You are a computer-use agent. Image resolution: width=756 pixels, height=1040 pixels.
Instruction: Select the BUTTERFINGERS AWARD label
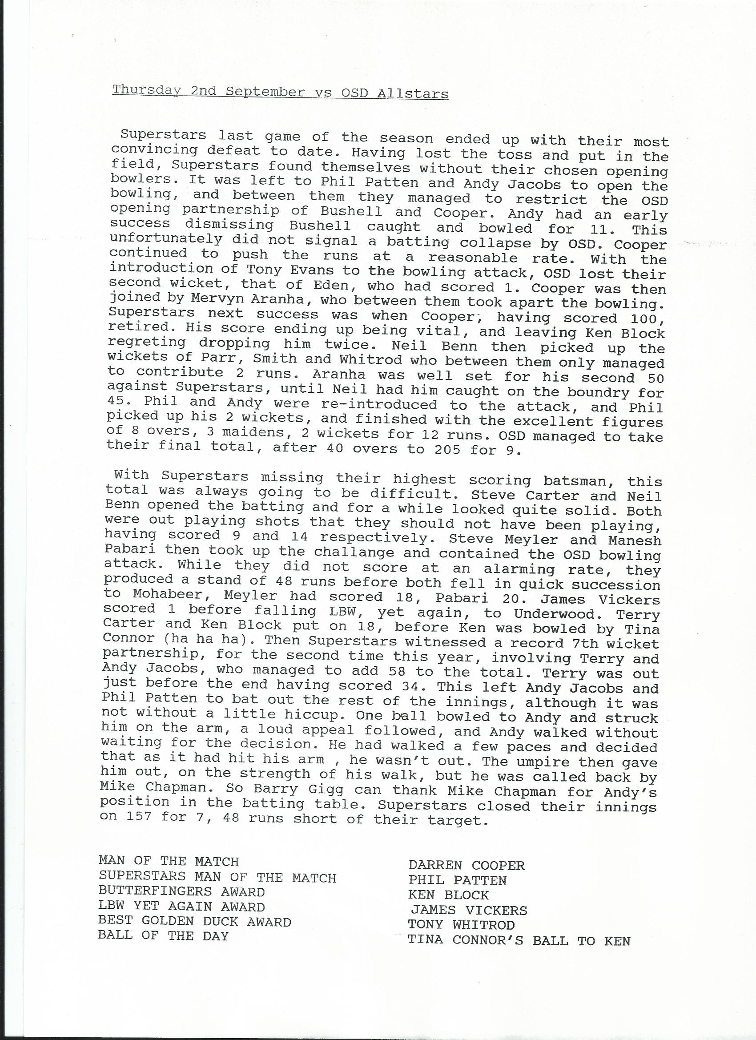pyautogui.click(x=181, y=892)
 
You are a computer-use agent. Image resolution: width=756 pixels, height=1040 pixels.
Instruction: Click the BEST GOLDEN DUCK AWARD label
pyautogui.click(x=194, y=922)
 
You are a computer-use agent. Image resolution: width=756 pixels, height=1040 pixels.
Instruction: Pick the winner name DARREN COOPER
pyautogui.click(x=466, y=865)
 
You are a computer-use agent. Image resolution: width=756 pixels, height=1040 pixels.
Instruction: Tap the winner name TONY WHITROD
pyautogui.click(x=461, y=925)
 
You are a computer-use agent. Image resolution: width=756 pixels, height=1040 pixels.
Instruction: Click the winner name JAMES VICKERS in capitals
pyautogui.click(x=469, y=910)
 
